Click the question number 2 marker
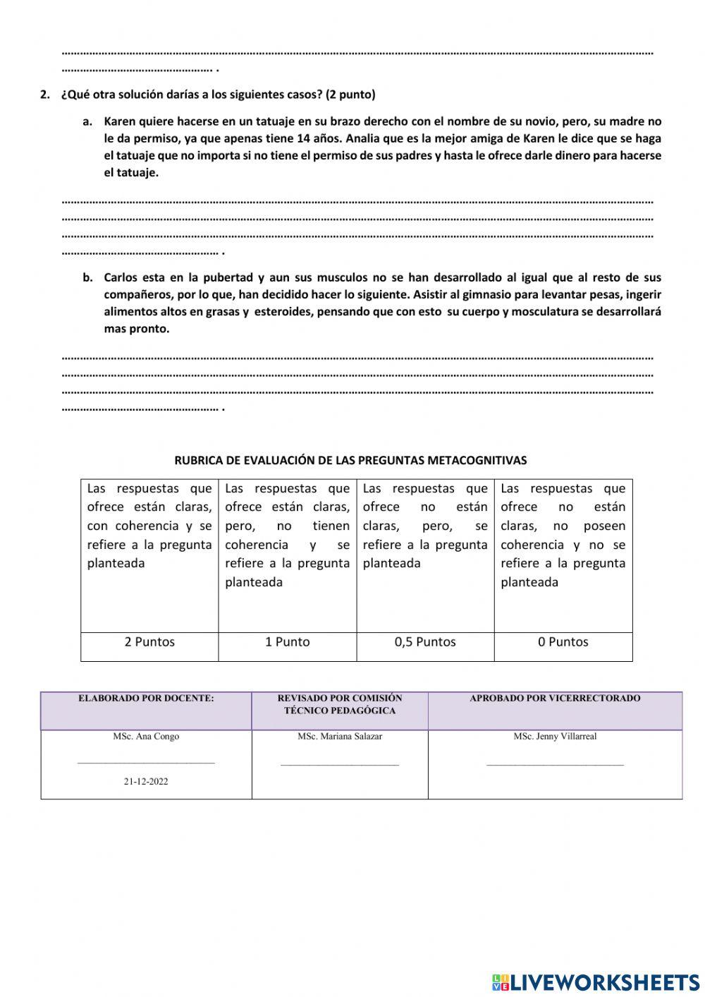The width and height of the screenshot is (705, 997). coord(44,95)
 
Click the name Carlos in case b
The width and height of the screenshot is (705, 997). coord(121,277)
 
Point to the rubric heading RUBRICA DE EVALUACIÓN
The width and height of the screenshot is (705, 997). coord(350,460)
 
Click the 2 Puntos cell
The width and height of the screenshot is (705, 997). coord(149,642)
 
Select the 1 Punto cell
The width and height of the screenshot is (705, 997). coord(287,642)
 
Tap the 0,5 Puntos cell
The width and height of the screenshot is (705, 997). coord(425,642)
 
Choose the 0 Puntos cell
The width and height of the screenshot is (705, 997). coord(563,642)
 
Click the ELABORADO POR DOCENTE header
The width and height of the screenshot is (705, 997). coord(146,699)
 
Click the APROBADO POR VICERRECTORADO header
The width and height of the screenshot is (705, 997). coord(555,699)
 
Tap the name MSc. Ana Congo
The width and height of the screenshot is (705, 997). coord(146,737)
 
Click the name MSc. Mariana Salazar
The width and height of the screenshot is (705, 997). coord(340,737)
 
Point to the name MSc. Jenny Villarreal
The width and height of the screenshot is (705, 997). coord(555,737)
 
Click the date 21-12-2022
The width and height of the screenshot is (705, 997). coord(146,782)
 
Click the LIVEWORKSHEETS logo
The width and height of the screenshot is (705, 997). coord(596,981)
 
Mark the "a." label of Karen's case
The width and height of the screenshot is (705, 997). coord(87,121)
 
